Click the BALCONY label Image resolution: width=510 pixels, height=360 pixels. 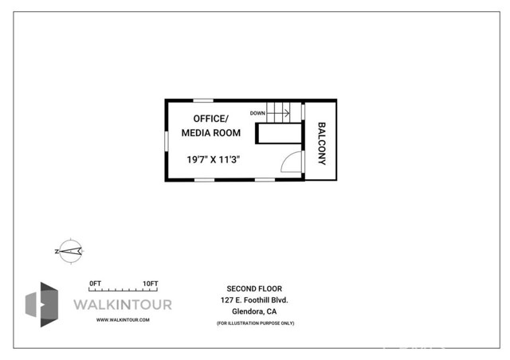(x=323, y=143)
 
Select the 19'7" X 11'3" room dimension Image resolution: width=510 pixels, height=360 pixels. (x=214, y=159)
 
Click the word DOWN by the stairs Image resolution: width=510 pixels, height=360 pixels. (x=257, y=113)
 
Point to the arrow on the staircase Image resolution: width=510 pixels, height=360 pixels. (x=277, y=113)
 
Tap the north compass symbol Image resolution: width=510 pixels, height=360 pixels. (x=70, y=252)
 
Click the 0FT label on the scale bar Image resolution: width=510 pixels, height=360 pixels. (x=96, y=284)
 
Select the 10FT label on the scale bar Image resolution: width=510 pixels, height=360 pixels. (x=150, y=284)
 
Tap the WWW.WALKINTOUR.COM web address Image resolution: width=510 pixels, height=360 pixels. (x=123, y=319)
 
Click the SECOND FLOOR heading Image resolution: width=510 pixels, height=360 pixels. (x=254, y=288)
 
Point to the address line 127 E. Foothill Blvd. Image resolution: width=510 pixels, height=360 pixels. (x=254, y=299)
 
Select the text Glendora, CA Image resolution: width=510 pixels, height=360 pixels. (x=254, y=311)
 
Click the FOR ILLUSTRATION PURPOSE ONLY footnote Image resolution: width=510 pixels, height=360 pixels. (x=255, y=323)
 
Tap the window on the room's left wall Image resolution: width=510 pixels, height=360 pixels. (x=167, y=139)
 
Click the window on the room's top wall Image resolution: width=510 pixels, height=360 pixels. (x=203, y=100)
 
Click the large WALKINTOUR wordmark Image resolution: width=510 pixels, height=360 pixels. (x=122, y=304)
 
